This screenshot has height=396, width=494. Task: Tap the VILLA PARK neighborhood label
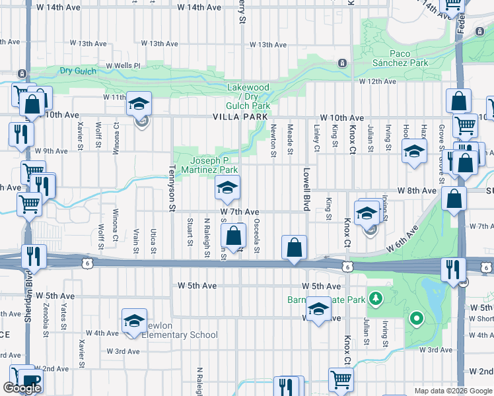[x=240, y=117]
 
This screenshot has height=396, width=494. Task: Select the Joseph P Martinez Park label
[x=214, y=166]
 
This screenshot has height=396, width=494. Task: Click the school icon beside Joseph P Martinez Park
[x=227, y=189]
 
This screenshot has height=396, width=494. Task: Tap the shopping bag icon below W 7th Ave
[x=234, y=236]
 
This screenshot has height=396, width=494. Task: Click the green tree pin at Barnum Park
[x=376, y=299]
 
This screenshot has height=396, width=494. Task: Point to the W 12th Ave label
[x=377, y=82]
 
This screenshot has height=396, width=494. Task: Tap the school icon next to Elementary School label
[x=134, y=322]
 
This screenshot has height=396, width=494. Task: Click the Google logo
[x=22, y=388]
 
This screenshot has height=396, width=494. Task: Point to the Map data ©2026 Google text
[x=452, y=391]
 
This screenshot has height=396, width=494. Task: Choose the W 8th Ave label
[x=415, y=190]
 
